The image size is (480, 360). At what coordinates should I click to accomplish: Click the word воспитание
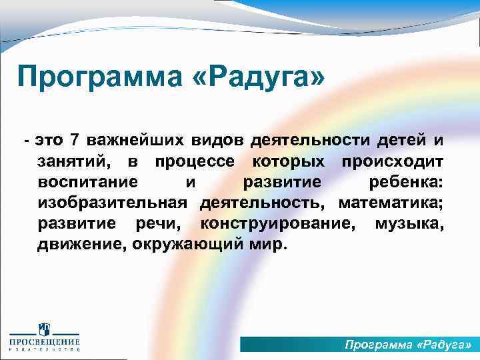[88, 183]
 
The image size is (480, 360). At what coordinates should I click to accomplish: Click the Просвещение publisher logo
[44, 337]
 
